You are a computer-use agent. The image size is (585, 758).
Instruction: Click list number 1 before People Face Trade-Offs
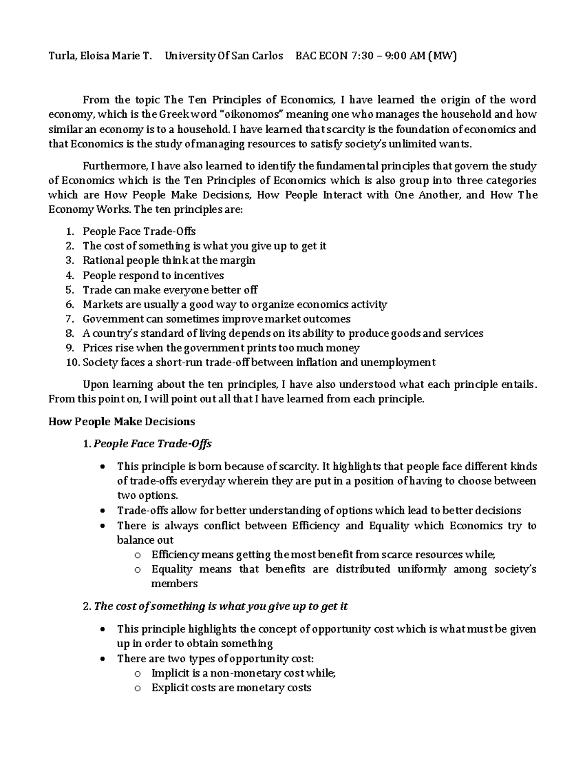[70, 231]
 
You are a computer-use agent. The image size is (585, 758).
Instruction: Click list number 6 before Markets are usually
[70, 305]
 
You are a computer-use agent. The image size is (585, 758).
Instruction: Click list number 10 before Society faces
[72, 363]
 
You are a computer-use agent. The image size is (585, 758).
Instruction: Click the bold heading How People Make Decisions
[121, 422]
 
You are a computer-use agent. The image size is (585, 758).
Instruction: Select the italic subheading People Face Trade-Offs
[152, 444]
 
